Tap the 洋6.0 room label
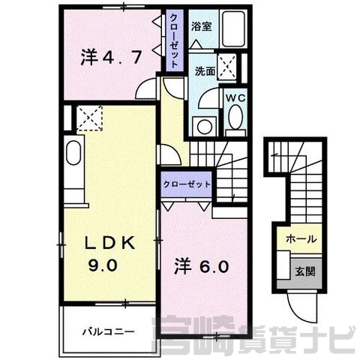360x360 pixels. tap(202, 266)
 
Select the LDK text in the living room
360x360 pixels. tap(111, 243)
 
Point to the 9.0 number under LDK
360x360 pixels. tap(103, 265)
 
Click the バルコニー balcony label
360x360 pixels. tap(109, 332)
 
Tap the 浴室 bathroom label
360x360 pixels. tap(202, 26)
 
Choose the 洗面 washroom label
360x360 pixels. tap(205, 71)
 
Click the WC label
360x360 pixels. tap(235, 98)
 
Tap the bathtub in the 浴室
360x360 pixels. tap(233, 29)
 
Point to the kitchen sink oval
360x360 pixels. tap(73, 153)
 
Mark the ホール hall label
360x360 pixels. tap(301, 239)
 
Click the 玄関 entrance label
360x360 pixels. tap(305, 271)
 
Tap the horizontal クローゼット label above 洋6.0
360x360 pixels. tap(187, 184)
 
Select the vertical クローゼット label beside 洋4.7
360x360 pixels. tap(174, 40)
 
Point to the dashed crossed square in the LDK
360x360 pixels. tap(89, 118)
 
